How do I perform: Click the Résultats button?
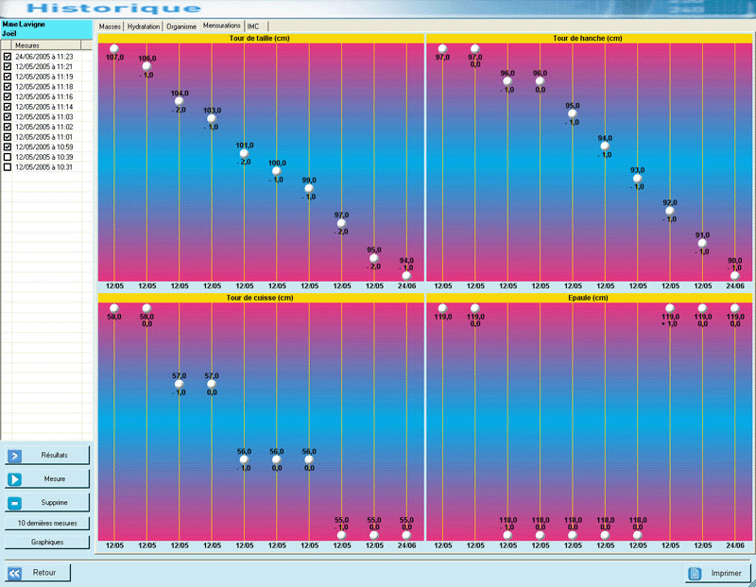tap(47, 456)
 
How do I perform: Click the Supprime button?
tap(47, 502)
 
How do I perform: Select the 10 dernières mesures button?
tap(47, 523)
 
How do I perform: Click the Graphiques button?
tap(47, 543)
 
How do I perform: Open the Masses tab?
tap(111, 26)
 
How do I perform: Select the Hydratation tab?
tap(144, 26)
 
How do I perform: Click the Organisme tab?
tap(181, 26)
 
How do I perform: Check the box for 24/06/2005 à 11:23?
tap(8, 57)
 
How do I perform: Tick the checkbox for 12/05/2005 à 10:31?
tap(8, 167)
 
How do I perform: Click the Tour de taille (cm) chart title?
tap(260, 39)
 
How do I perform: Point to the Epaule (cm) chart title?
tap(588, 298)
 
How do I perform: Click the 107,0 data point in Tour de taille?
tap(113, 48)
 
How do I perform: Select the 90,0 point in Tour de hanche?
tap(734, 275)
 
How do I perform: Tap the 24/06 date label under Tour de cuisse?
tap(406, 545)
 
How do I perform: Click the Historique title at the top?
tap(113, 9)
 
